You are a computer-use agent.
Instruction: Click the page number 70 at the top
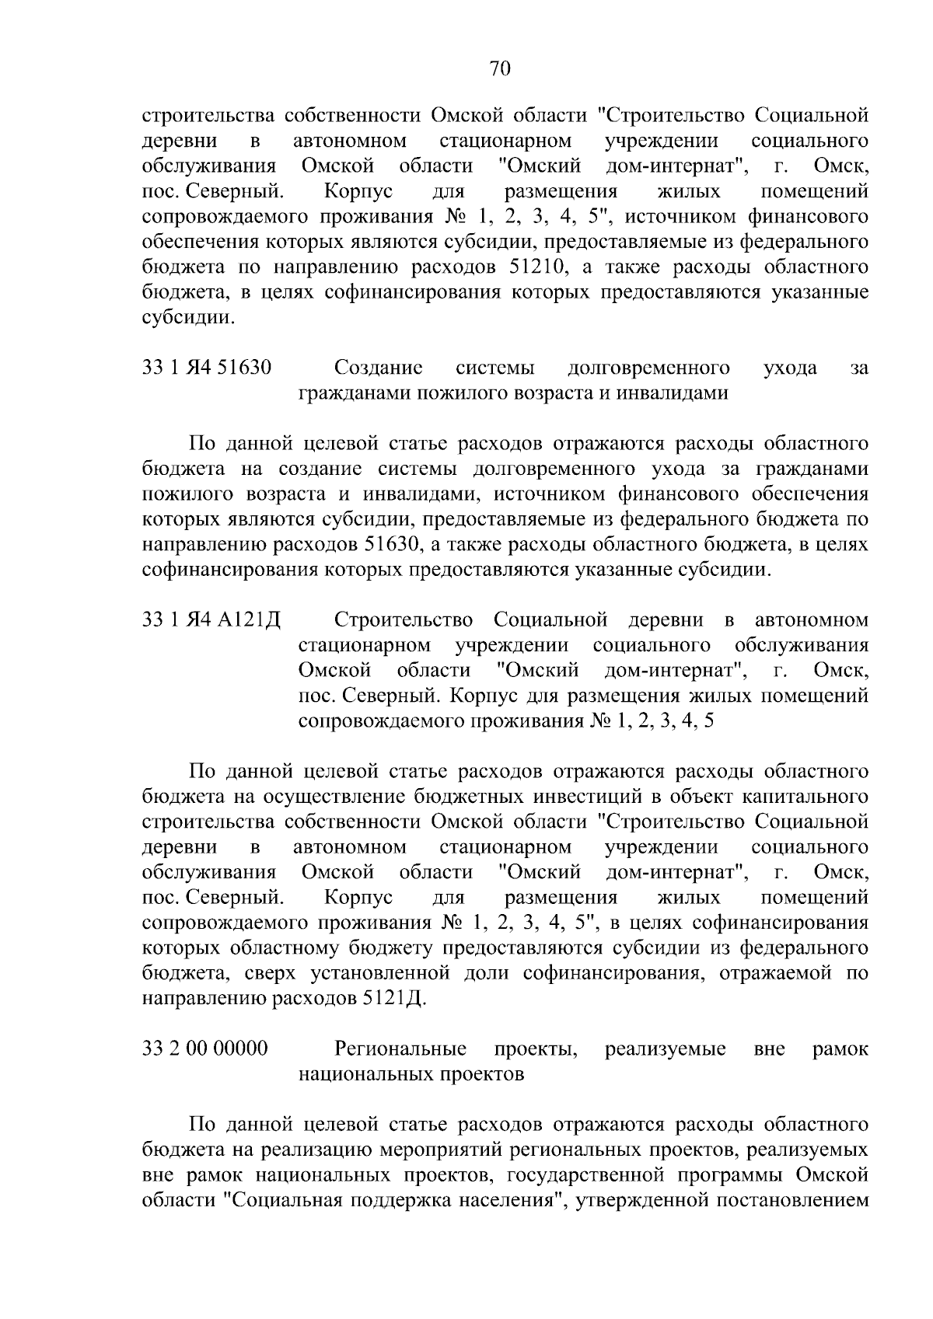tap(500, 69)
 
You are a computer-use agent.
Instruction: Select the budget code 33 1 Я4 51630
tap(207, 368)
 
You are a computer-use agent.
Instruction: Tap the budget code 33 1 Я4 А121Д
tap(211, 620)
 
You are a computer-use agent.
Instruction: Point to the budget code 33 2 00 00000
tap(206, 1049)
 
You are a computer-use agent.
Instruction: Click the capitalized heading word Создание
tap(379, 368)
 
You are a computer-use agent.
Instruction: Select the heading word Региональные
tap(400, 1049)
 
